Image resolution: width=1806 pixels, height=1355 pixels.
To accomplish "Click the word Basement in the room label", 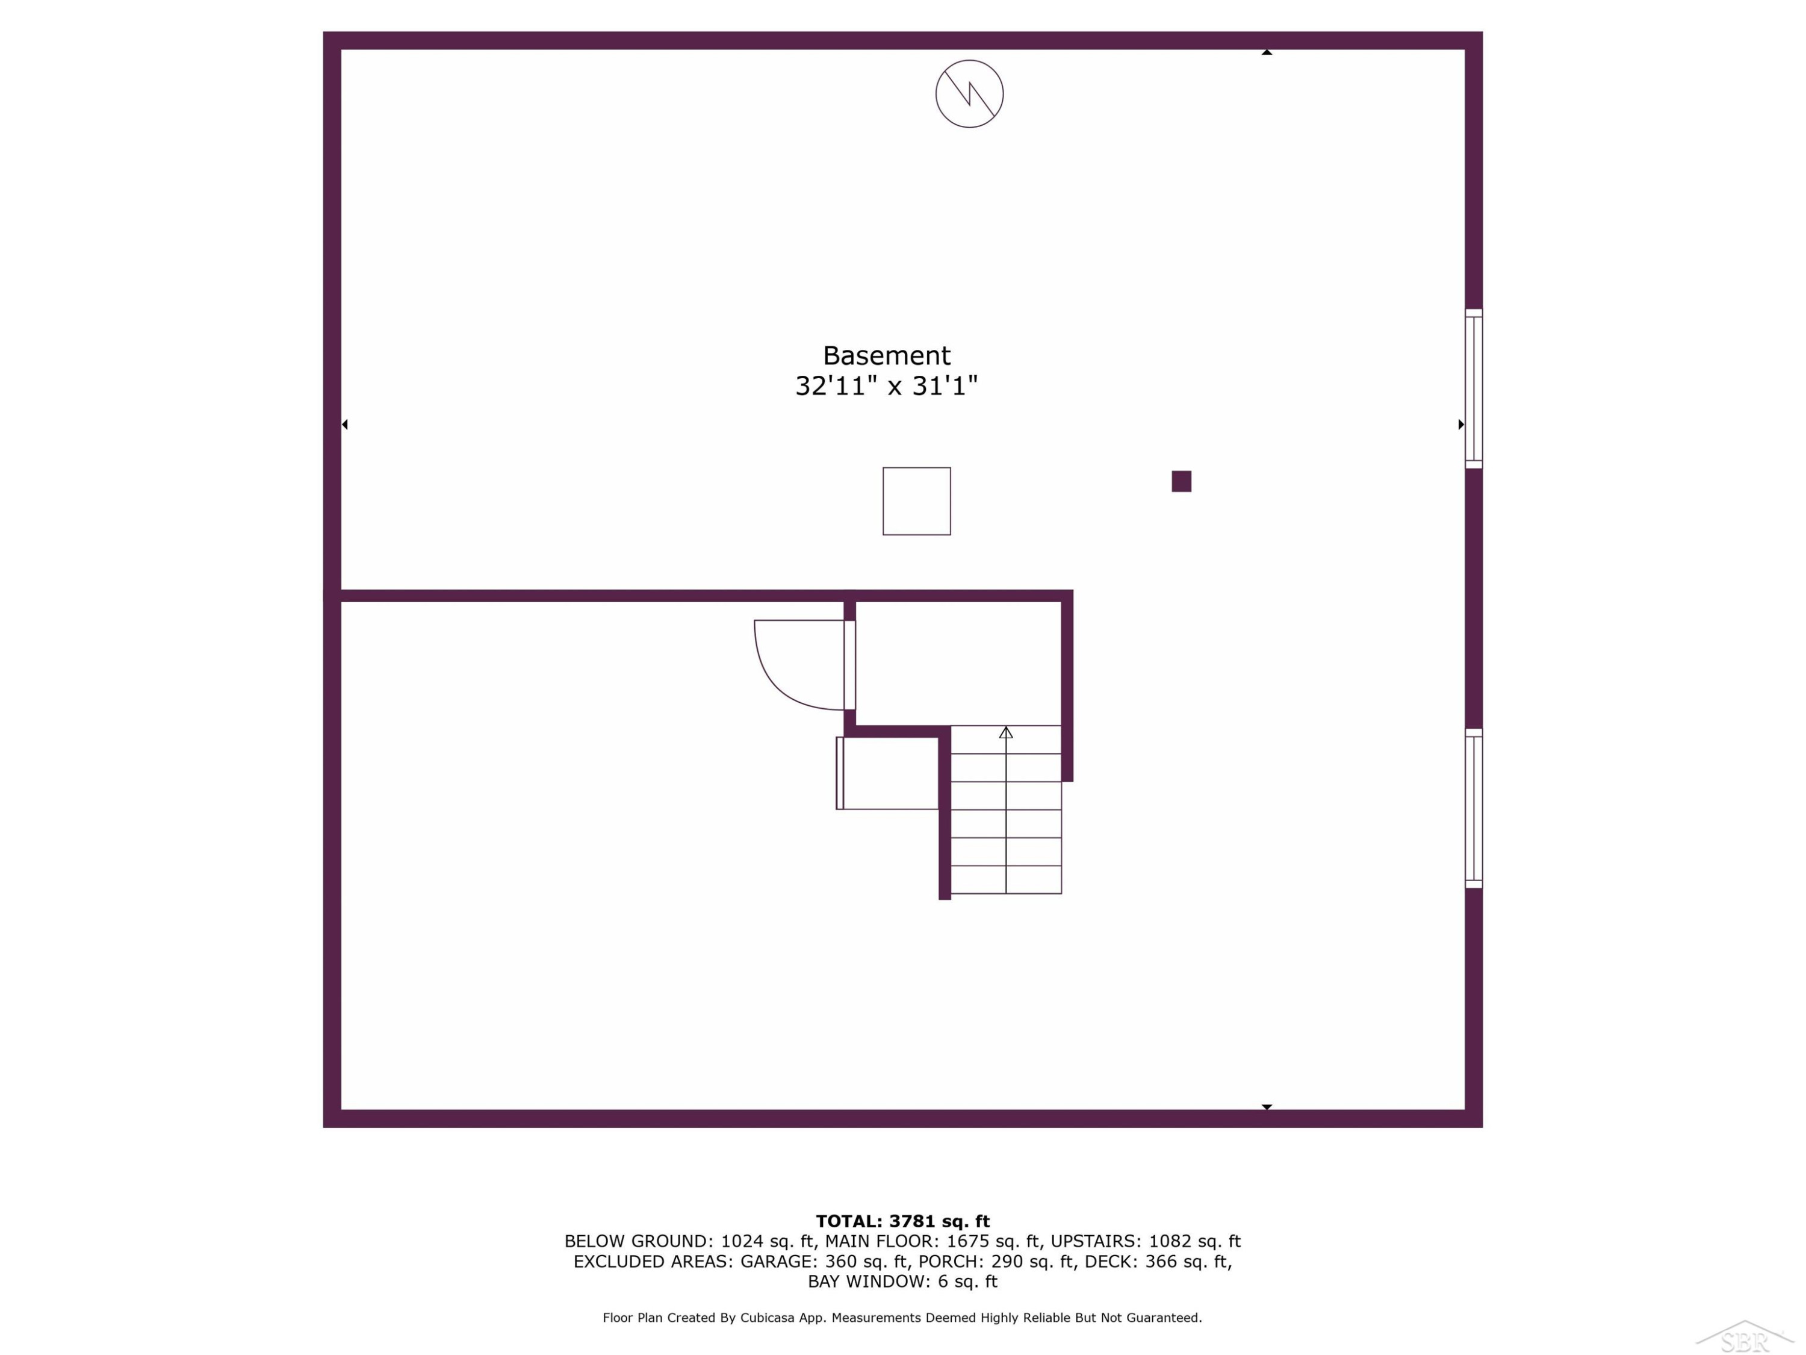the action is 886,355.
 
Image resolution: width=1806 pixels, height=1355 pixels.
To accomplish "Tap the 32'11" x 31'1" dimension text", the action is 886,385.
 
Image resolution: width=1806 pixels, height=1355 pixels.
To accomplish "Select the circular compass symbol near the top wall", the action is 969,93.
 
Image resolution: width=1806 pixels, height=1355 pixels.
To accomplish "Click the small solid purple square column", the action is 1181,481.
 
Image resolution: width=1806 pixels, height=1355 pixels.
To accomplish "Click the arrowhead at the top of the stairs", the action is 1006,733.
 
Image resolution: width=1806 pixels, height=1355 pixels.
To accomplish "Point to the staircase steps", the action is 1006,809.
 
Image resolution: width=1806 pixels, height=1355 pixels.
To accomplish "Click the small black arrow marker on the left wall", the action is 344,424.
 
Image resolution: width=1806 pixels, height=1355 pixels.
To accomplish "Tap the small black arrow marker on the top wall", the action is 1267,52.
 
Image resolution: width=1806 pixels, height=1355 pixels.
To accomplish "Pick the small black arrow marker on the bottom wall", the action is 1267,1107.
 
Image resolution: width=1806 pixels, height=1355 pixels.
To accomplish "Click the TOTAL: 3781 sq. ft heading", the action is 902,1221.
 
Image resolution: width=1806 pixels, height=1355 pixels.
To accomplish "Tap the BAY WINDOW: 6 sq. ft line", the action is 902,1282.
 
